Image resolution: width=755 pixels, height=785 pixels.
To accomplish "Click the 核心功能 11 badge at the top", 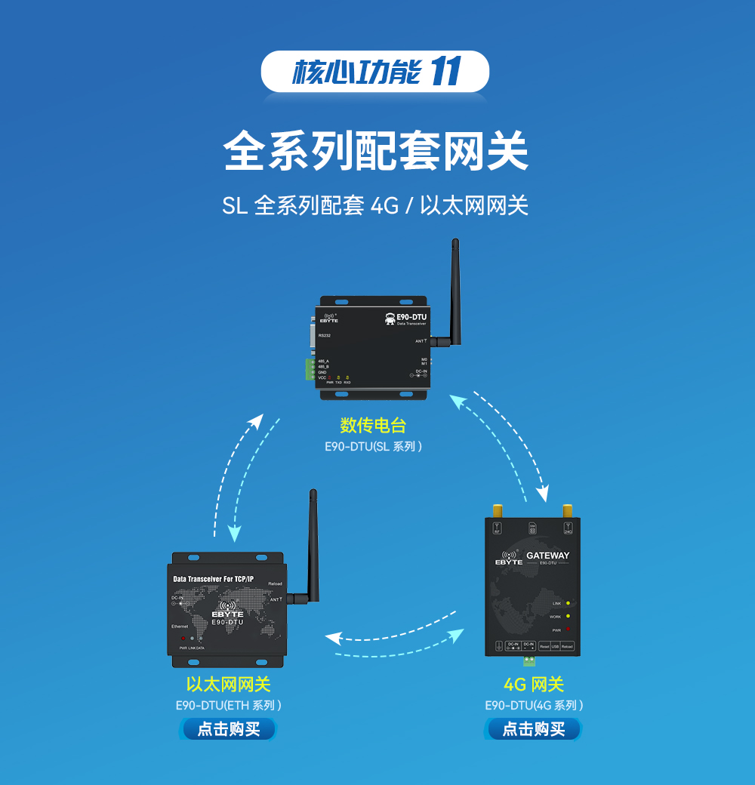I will click(375, 72).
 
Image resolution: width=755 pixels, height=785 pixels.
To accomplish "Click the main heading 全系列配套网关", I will click(376, 151).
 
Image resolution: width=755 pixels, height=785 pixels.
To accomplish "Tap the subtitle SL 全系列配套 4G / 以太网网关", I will click(375, 205).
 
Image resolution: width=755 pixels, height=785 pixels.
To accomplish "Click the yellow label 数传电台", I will click(373, 425).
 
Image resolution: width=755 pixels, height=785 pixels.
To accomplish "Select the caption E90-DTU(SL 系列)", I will click(373, 446).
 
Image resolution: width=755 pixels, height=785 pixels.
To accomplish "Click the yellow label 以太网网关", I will click(228, 685).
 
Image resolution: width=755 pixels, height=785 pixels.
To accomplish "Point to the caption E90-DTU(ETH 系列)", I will click(228, 706).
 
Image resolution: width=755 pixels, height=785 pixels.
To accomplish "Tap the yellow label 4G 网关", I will click(534, 685).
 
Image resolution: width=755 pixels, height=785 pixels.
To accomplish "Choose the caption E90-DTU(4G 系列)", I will click(534, 706).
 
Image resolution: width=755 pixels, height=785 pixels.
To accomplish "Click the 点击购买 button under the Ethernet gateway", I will click(228, 729).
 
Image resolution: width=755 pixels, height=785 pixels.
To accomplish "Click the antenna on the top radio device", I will click(455, 291).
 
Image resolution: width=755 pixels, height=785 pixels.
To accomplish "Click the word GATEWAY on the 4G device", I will click(547, 556).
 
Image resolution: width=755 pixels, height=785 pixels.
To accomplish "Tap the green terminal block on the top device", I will click(310, 369).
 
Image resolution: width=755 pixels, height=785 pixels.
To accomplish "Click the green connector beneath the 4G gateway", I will click(528, 661).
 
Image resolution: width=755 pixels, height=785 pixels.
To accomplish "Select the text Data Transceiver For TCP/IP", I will click(218, 579).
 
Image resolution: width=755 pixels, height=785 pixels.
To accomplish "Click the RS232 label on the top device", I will click(325, 335).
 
